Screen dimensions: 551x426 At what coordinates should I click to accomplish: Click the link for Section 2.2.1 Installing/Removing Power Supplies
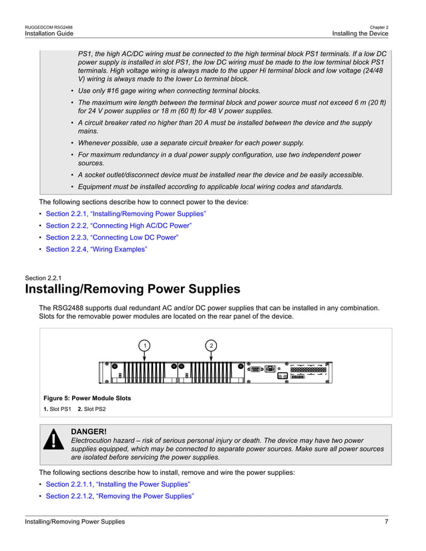pos(126,213)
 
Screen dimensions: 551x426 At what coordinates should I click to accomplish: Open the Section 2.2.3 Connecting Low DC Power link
pos(112,237)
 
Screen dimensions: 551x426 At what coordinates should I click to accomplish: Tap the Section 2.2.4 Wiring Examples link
pos(96,249)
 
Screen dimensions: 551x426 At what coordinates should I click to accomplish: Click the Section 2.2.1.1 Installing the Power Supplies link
pos(118,484)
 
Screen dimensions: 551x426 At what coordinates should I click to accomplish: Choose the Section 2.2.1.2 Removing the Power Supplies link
pos(120,496)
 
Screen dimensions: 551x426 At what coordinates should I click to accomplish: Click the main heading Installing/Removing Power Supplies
pos(132,289)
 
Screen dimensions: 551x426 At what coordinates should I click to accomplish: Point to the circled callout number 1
pos(144,345)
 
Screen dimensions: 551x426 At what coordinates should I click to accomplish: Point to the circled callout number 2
pos(211,345)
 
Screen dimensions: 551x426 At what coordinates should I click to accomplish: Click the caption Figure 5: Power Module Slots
pos(87,398)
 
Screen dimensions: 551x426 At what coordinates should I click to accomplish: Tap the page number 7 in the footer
pos(387,522)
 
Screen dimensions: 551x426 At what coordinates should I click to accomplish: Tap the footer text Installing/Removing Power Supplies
pos(75,522)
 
